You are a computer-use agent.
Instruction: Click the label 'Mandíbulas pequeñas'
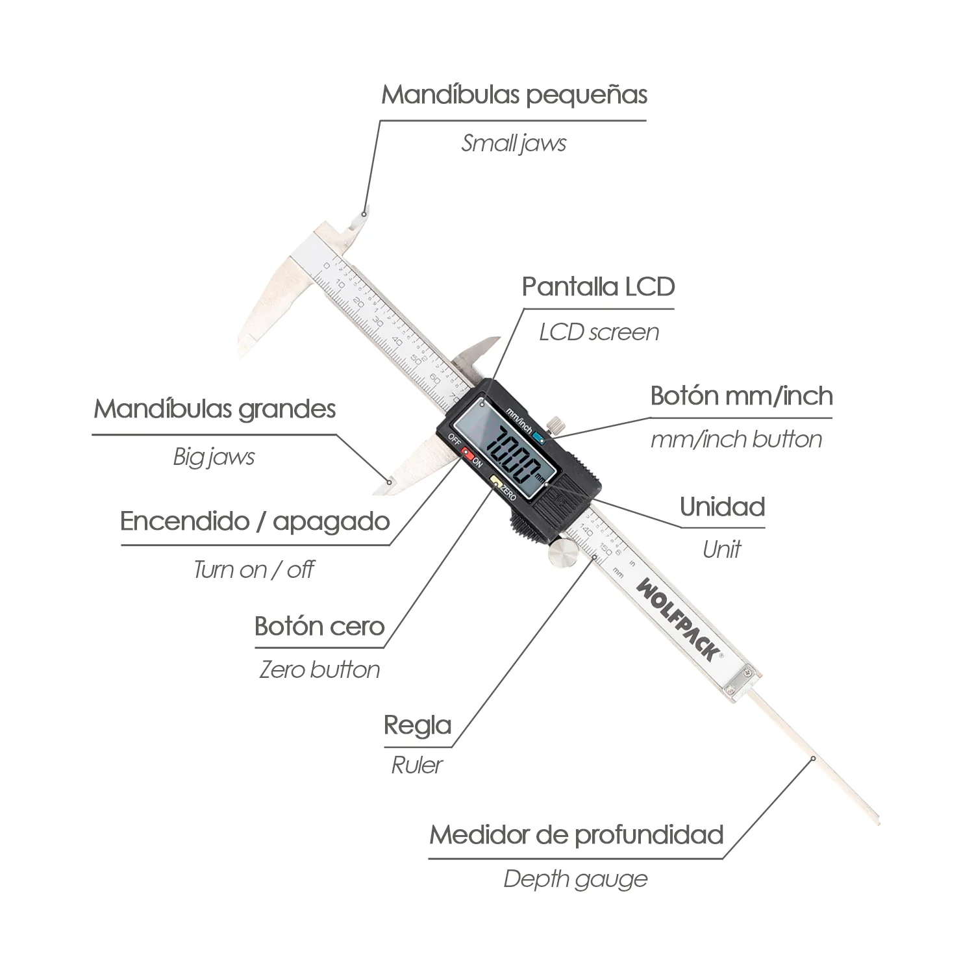coord(514,95)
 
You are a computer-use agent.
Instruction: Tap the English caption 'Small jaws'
coord(514,143)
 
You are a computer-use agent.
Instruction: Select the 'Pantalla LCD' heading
coord(599,286)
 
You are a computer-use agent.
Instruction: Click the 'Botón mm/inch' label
coord(742,395)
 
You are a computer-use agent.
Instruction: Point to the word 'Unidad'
coord(722,506)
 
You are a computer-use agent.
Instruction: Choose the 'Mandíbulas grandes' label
coord(215,409)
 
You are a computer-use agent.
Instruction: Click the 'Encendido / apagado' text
coord(255,521)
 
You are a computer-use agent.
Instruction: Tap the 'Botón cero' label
coord(319,626)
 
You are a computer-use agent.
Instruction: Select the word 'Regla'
coord(418,725)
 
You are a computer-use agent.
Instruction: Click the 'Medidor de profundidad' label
coord(577,834)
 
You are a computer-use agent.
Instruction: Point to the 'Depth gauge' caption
coord(575,879)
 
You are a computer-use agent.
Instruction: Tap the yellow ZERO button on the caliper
coord(495,482)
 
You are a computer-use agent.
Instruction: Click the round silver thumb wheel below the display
coord(562,556)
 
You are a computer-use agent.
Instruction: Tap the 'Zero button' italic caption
coord(319,669)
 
